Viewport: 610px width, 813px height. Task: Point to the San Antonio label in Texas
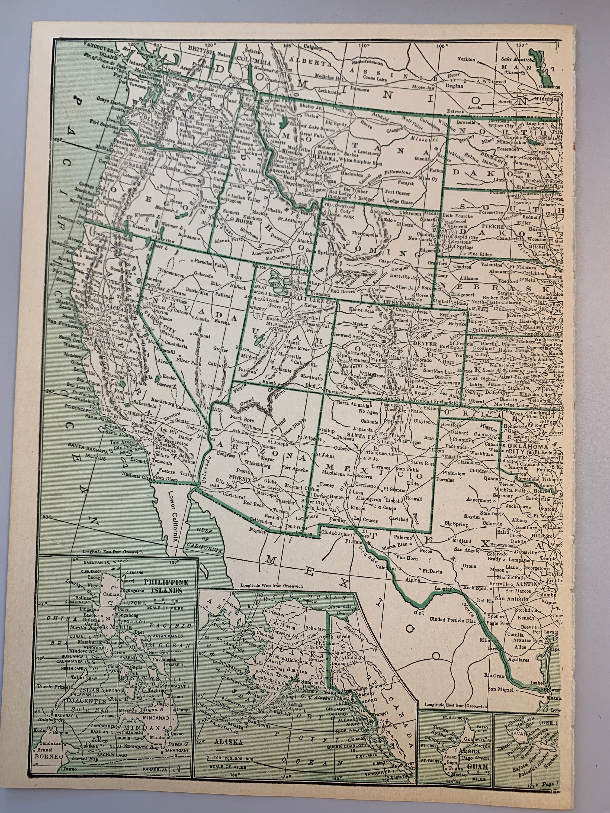(x=512, y=599)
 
